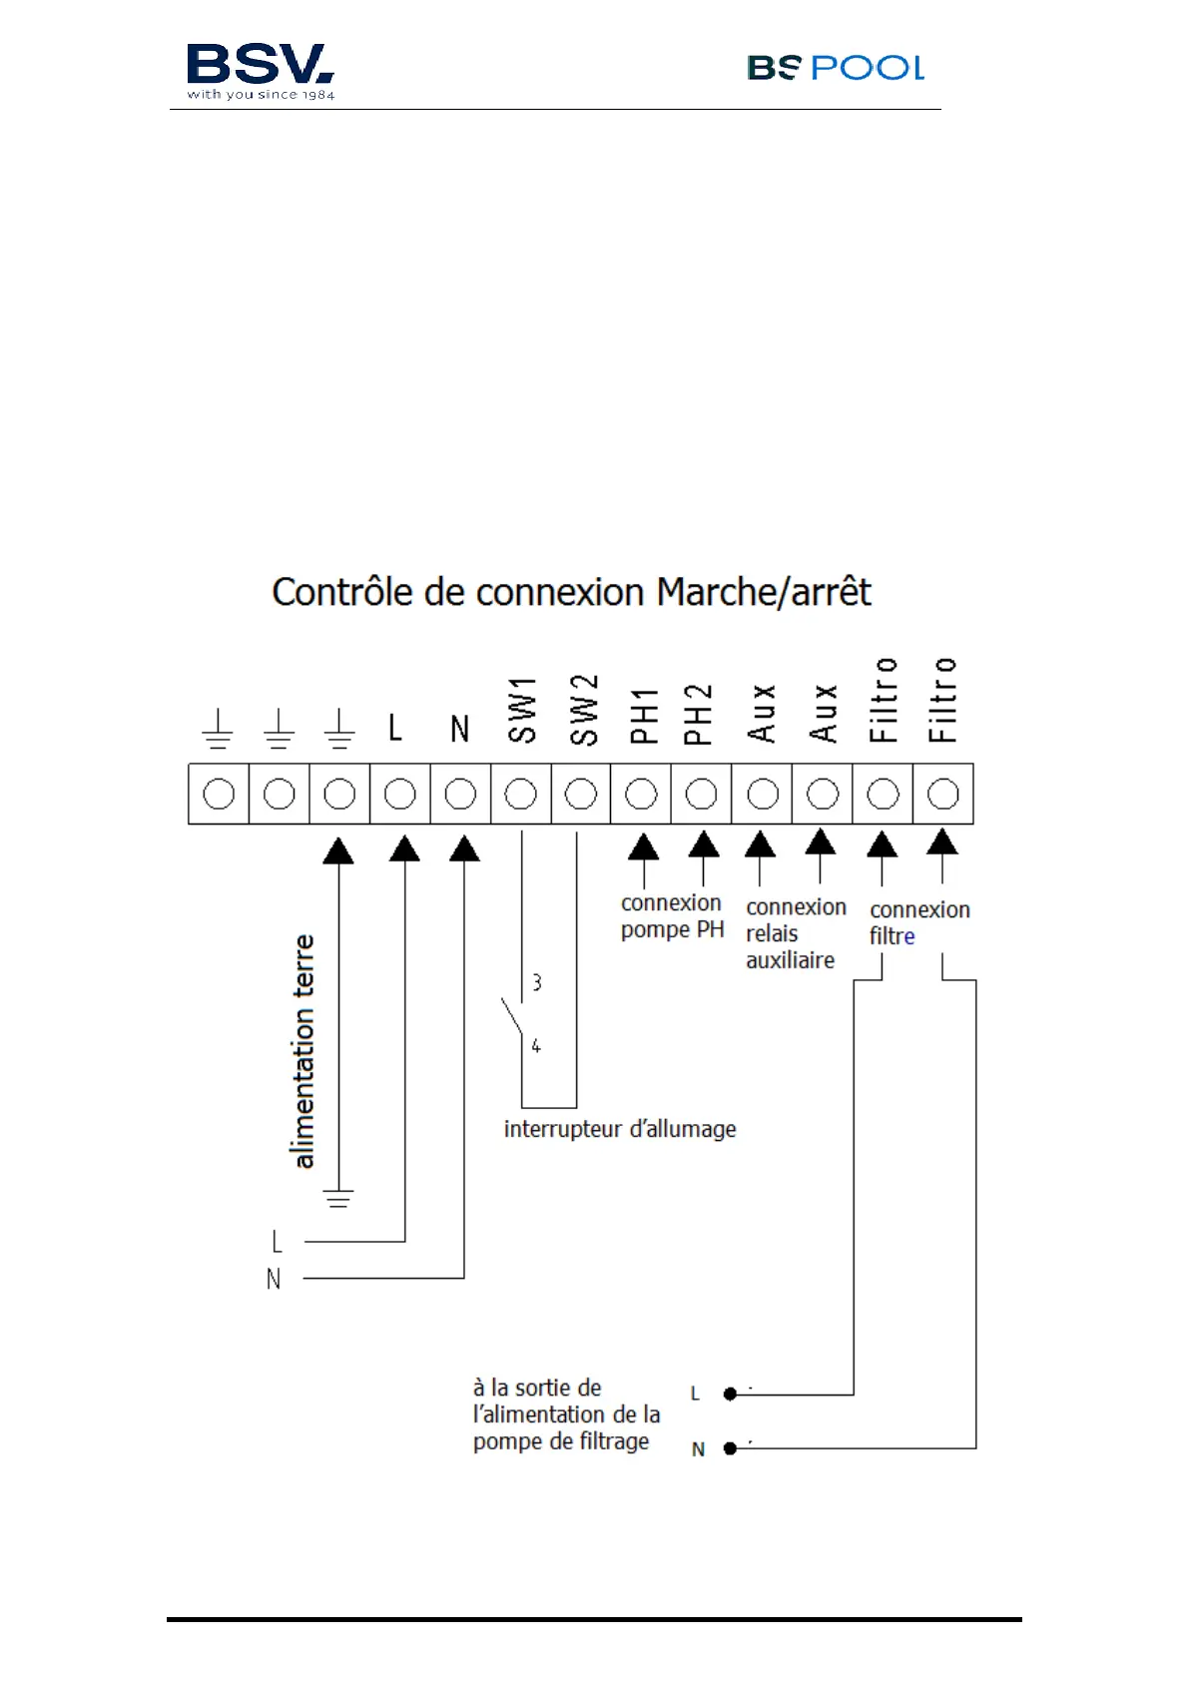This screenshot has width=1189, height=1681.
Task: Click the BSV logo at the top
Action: click(x=260, y=70)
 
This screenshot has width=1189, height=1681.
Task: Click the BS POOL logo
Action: click(x=835, y=68)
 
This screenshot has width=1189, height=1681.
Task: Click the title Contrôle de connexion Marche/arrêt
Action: click(x=571, y=592)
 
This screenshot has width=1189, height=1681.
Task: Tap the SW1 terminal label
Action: click(x=522, y=710)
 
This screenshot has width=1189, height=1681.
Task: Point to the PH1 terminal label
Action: click(x=644, y=715)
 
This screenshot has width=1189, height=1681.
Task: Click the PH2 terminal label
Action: click(x=699, y=714)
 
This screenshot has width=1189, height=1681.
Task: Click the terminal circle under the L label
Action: click(x=399, y=795)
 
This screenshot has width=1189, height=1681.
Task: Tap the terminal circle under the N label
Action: click(x=460, y=795)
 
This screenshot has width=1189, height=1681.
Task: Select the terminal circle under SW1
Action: click(x=520, y=795)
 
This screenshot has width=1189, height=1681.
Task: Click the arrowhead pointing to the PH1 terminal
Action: click(x=643, y=846)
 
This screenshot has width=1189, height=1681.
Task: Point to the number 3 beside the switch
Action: click(x=537, y=983)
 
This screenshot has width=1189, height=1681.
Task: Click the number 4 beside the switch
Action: click(x=536, y=1046)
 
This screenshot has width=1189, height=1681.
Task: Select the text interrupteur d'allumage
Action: click(x=620, y=1129)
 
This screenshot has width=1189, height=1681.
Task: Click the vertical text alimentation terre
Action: click(x=303, y=1051)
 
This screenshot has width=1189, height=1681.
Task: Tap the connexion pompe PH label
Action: click(x=672, y=916)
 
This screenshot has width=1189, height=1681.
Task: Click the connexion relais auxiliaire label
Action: click(x=795, y=933)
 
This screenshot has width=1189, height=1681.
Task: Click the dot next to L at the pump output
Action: click(x=730, y=1394)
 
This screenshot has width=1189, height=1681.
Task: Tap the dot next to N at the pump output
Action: click(x=730, y=1448)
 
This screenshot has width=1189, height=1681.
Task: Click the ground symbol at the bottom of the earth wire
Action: click(x=338, y=1198)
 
